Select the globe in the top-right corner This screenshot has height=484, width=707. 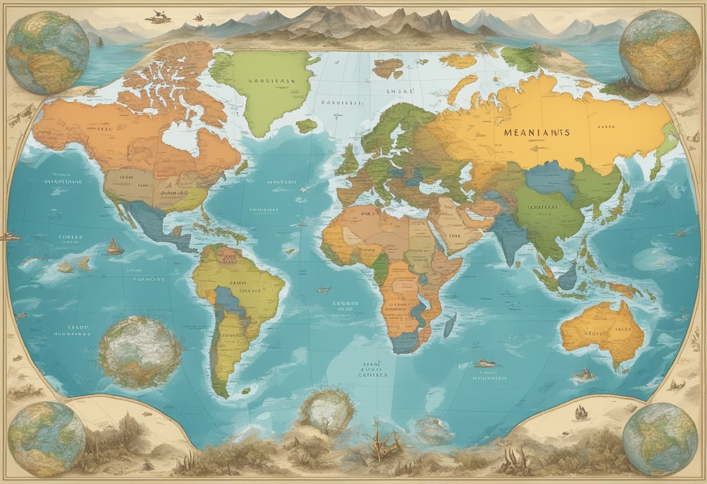659,51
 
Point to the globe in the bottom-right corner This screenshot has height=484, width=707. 659,439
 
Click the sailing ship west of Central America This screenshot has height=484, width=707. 115,247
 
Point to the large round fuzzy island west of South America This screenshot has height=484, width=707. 140,353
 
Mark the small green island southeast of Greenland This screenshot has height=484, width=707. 306,126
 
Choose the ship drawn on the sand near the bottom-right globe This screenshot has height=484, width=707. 580,412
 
